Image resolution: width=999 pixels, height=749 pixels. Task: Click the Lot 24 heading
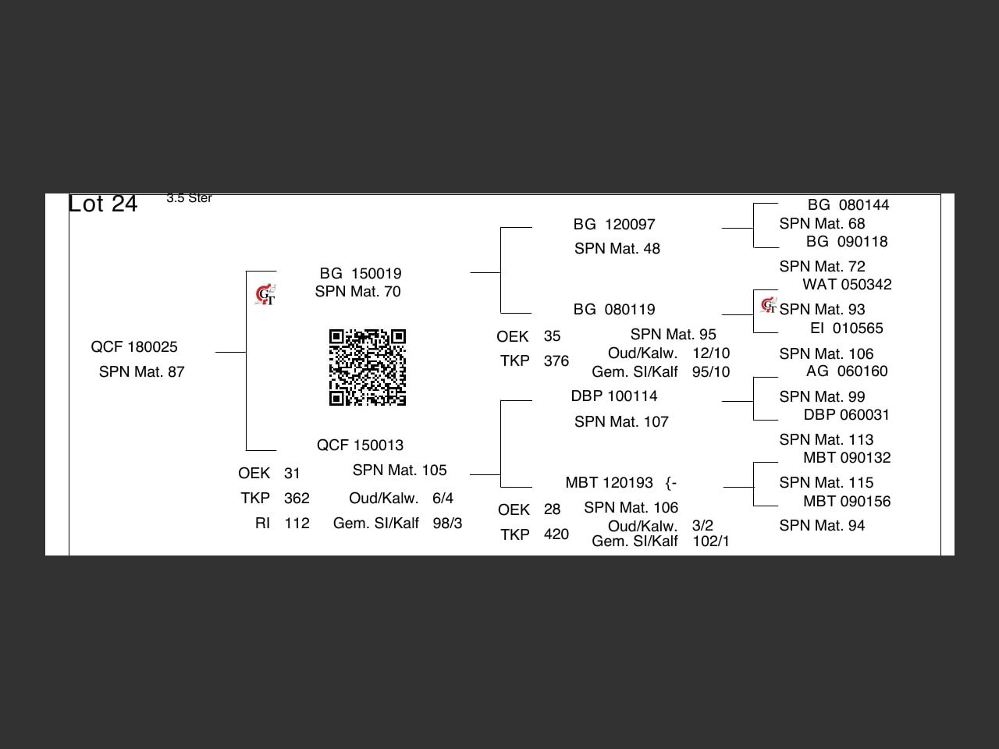(x=103, y=204)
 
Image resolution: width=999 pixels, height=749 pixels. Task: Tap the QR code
(x=367, y=367)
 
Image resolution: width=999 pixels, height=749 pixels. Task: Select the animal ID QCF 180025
(x=134, y=347)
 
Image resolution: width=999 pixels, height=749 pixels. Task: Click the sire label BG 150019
(x=360, y=274)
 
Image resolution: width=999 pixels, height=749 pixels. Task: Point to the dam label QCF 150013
(x=360, y=445)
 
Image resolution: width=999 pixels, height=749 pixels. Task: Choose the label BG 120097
(x=614, y=225)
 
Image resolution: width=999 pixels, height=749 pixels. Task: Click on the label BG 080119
(x=614, y=310)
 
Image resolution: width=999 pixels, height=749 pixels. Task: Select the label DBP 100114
(x=614, y=396)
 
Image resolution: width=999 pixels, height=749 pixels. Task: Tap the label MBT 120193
(x=610, y=483)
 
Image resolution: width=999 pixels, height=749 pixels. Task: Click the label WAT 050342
(x=847, y=285)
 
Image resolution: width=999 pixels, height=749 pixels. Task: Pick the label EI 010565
(x=847, y=328)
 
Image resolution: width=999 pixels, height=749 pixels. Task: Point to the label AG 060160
(x=847, y=371)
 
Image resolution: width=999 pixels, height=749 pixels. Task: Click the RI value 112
(x=297, y=524)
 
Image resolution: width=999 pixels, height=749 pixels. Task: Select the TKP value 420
(x=556, y=534)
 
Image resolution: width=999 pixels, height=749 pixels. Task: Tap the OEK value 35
(x=552, y=336)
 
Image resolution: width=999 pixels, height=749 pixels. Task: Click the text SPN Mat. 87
(x=142, y=372)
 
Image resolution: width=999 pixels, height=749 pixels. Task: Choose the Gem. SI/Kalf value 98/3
(x=447, y=524)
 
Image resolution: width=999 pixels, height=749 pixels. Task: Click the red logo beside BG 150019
(x=265, y=295)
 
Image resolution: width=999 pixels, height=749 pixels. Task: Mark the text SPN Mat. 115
(x=826, y=483)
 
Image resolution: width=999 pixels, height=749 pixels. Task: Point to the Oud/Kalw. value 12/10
(x=710, y=353)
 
